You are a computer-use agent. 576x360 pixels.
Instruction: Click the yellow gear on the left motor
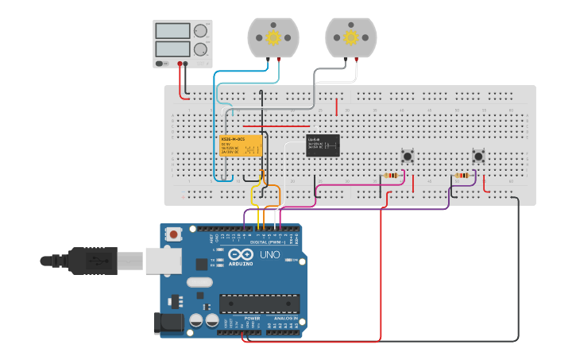[x=273, y=37]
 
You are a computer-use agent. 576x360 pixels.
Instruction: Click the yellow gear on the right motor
[x=351, y=37]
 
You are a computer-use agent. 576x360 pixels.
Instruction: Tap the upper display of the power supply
[x=173, y=31]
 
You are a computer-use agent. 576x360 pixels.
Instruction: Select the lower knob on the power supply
[x=199, y=48]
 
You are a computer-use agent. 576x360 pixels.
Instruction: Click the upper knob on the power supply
[x=199, y=31]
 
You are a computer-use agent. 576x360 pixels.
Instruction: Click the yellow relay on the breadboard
[x=241, y=145]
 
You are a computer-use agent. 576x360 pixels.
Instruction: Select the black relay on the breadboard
[x=323, y=145]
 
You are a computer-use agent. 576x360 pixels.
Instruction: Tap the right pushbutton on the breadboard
[x=478, y=156]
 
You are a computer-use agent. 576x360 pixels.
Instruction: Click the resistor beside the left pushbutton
[x=392, y=176]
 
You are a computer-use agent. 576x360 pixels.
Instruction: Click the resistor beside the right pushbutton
[x=462, y=176]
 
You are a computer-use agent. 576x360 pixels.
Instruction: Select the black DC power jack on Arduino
[x=166, y=323]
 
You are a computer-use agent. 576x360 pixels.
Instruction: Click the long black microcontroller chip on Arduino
[x=260, y=304]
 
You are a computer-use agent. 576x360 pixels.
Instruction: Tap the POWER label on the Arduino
[x=252, y=318]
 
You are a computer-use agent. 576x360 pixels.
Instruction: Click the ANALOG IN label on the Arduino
[x=284, y=318]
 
